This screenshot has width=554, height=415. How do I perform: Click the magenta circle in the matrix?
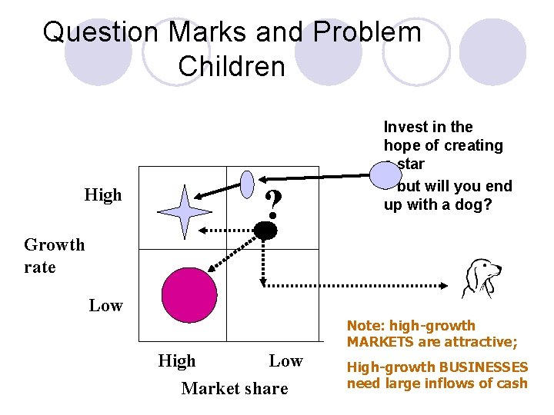(189, 296)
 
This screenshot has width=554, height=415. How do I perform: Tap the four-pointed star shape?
(183, 211)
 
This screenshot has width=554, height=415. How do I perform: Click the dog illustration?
(481, 277)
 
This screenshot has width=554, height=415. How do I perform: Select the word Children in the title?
(232, 66)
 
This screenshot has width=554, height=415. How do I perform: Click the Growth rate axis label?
(54, 256)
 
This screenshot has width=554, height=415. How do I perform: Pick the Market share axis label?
(234, 389)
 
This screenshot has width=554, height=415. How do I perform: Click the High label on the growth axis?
(103, 195)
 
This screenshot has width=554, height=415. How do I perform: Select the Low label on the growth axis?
(105, 306)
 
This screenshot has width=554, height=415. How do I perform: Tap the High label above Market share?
(176, 361)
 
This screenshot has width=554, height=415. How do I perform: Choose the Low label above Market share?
(285, 361)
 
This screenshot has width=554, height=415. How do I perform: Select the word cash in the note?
(512, 383)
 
